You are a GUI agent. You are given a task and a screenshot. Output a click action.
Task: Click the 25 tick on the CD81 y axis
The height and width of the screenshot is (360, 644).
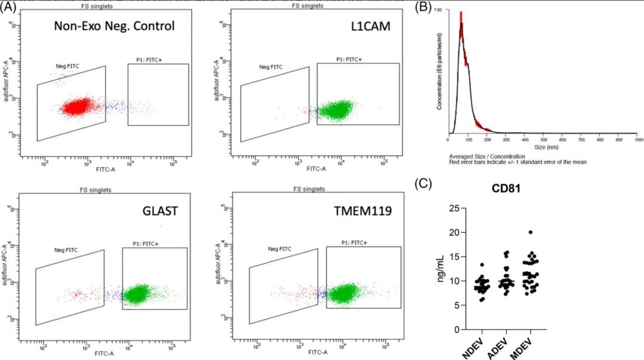click(x=454, y=208)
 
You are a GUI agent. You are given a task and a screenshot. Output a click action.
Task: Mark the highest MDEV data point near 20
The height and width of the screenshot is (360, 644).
click(x=530, y=232)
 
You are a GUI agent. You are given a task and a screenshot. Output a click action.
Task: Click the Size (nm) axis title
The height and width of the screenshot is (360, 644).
click(x=541, y=145)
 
